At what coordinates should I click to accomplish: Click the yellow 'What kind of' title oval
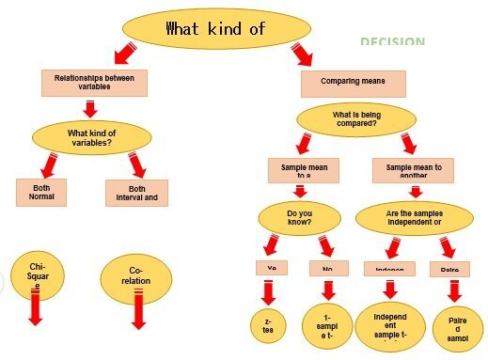tap(216, 29)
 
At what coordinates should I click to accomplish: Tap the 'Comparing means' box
tap(353, 84)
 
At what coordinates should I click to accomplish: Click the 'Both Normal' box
tap(41, 193)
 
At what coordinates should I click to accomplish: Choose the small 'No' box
tap(328, 268)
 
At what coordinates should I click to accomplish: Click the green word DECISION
tap(392, 42)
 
